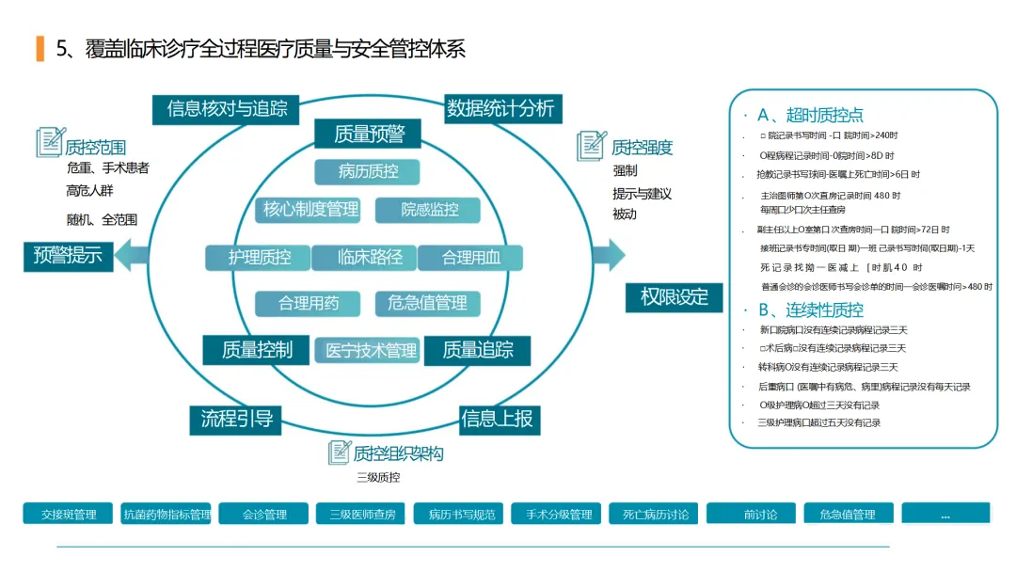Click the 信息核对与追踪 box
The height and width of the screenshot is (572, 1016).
click(x=227, y=108)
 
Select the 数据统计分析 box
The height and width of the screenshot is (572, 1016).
click(x=500, y=108)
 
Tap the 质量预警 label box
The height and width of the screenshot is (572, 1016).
click(x=369, y=134)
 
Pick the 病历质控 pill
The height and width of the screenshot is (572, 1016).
click(x=367, y=171)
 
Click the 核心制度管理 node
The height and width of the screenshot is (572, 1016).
click(x=310, y=210)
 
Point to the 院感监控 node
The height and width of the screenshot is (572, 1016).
click(x=429, y=210)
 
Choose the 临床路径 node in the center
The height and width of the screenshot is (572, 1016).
click(x=370, y=257)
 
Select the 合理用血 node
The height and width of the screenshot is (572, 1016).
click(x=470, y=257)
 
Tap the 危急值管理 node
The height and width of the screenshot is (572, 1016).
click(x=428, y=303)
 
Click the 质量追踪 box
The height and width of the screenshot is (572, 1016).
click(x=477, y=350)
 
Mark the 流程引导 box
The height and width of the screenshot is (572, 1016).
click(x=237, y=419)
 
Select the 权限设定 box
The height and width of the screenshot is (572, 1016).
click(x=675, y=297)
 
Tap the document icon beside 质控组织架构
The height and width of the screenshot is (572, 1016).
click(x=339, y=453)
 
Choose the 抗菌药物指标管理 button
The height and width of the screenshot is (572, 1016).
click(x=167, y=514)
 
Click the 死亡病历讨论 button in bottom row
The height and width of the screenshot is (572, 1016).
click(x=656, y=514)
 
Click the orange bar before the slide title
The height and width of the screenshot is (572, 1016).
click(x=40, y=48)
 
